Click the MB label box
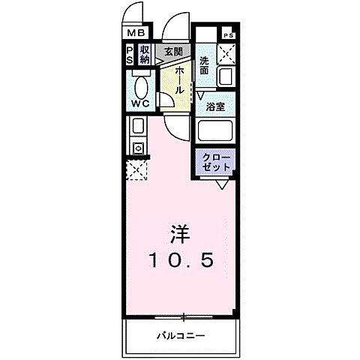135,32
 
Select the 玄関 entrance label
173,52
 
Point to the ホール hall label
180,79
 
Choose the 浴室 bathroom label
217,106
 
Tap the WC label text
139,103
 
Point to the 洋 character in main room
180,233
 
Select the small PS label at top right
228,34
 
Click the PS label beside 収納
130,55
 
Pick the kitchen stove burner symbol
139,148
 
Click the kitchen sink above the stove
139,126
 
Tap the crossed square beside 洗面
227,55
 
